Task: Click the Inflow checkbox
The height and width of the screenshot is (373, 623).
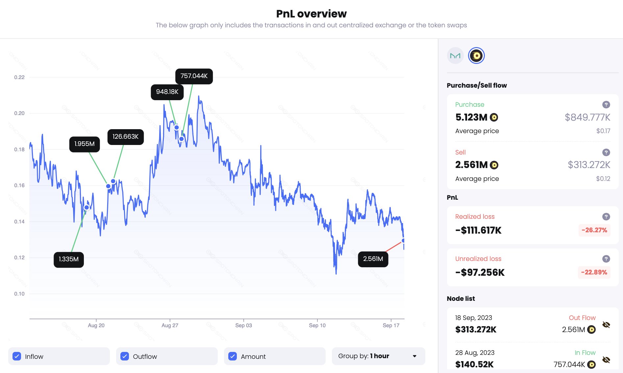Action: (17, 356)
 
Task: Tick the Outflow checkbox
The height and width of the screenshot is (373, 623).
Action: (125, 356)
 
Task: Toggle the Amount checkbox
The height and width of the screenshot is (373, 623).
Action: (233, 356)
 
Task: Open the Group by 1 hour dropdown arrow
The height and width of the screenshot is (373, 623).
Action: (414, 356)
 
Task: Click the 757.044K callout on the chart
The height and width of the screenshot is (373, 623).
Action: (194, 76)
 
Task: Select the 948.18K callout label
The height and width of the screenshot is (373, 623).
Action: (167, 92)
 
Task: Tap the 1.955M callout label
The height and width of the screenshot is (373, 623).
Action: (85, 144)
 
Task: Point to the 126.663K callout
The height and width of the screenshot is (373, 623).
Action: (125, 137)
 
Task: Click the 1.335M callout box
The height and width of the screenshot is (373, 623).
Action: (69, 259)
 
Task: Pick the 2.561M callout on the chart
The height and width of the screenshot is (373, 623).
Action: (373, 259)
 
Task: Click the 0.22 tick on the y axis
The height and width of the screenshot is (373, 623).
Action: (19, 77)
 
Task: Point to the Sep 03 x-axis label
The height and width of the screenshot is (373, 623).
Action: (243, 326)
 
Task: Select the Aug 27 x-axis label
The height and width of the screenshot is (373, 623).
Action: (170, 326)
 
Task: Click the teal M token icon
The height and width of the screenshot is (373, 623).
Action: (455, 56)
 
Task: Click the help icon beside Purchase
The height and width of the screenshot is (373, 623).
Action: (606, 104)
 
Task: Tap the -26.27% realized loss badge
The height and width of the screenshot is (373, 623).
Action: (594, 230)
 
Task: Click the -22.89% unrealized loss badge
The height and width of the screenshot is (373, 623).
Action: (594, 272)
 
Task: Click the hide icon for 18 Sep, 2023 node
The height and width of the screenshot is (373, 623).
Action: (606, 325)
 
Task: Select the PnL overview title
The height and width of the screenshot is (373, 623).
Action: (311, 14)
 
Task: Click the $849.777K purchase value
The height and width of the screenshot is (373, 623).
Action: (587, 117)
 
